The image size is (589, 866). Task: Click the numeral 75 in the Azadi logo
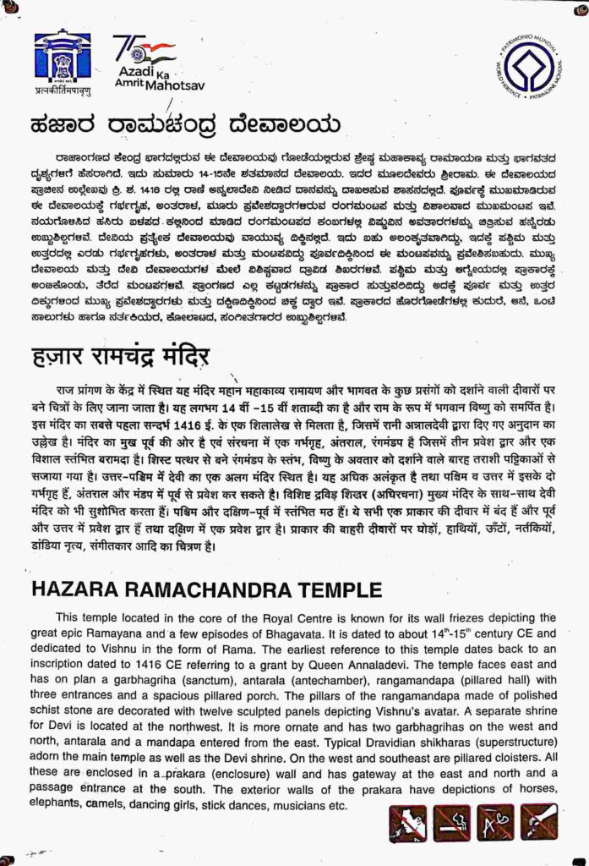click(x=124, y=47)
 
